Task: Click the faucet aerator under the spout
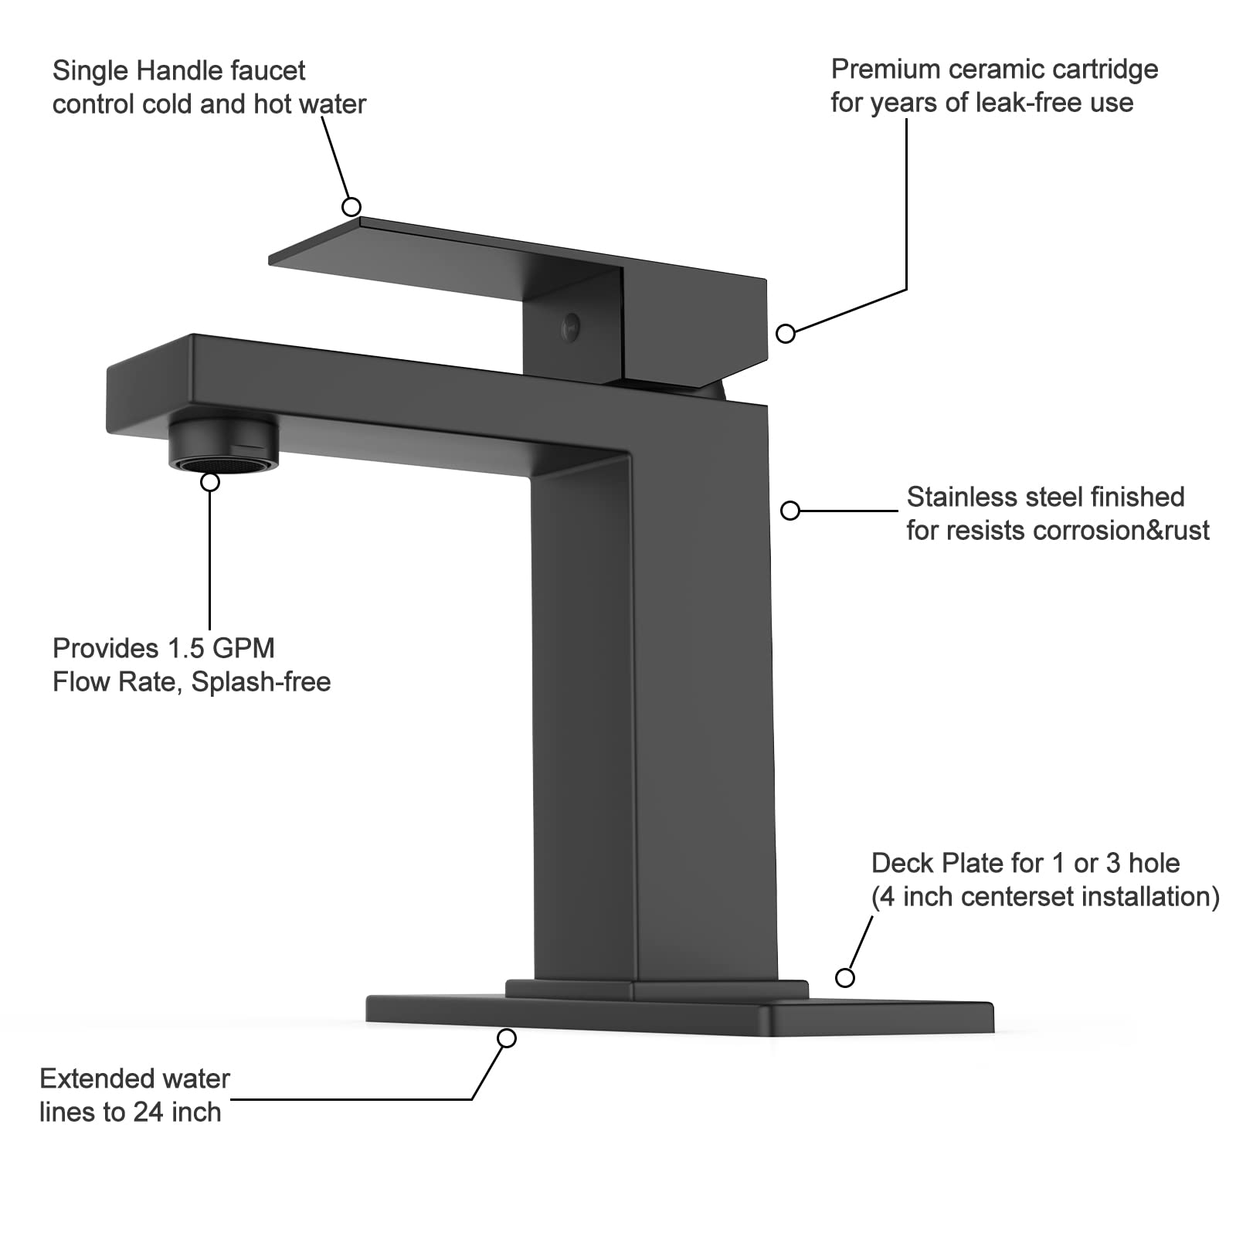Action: (x=224, y=445)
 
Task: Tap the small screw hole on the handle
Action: (x=572, y=327)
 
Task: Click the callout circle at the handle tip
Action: (x=351, y=207)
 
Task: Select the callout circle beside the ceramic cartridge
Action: (x=786, y=334)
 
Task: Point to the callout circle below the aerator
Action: (x=210, y=482)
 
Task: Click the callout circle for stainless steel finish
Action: (x=790, y=511)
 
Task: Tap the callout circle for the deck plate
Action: (x=845, y=978)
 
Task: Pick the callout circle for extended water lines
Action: (x=507, y=1039)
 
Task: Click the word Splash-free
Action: (x=261, y=682)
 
